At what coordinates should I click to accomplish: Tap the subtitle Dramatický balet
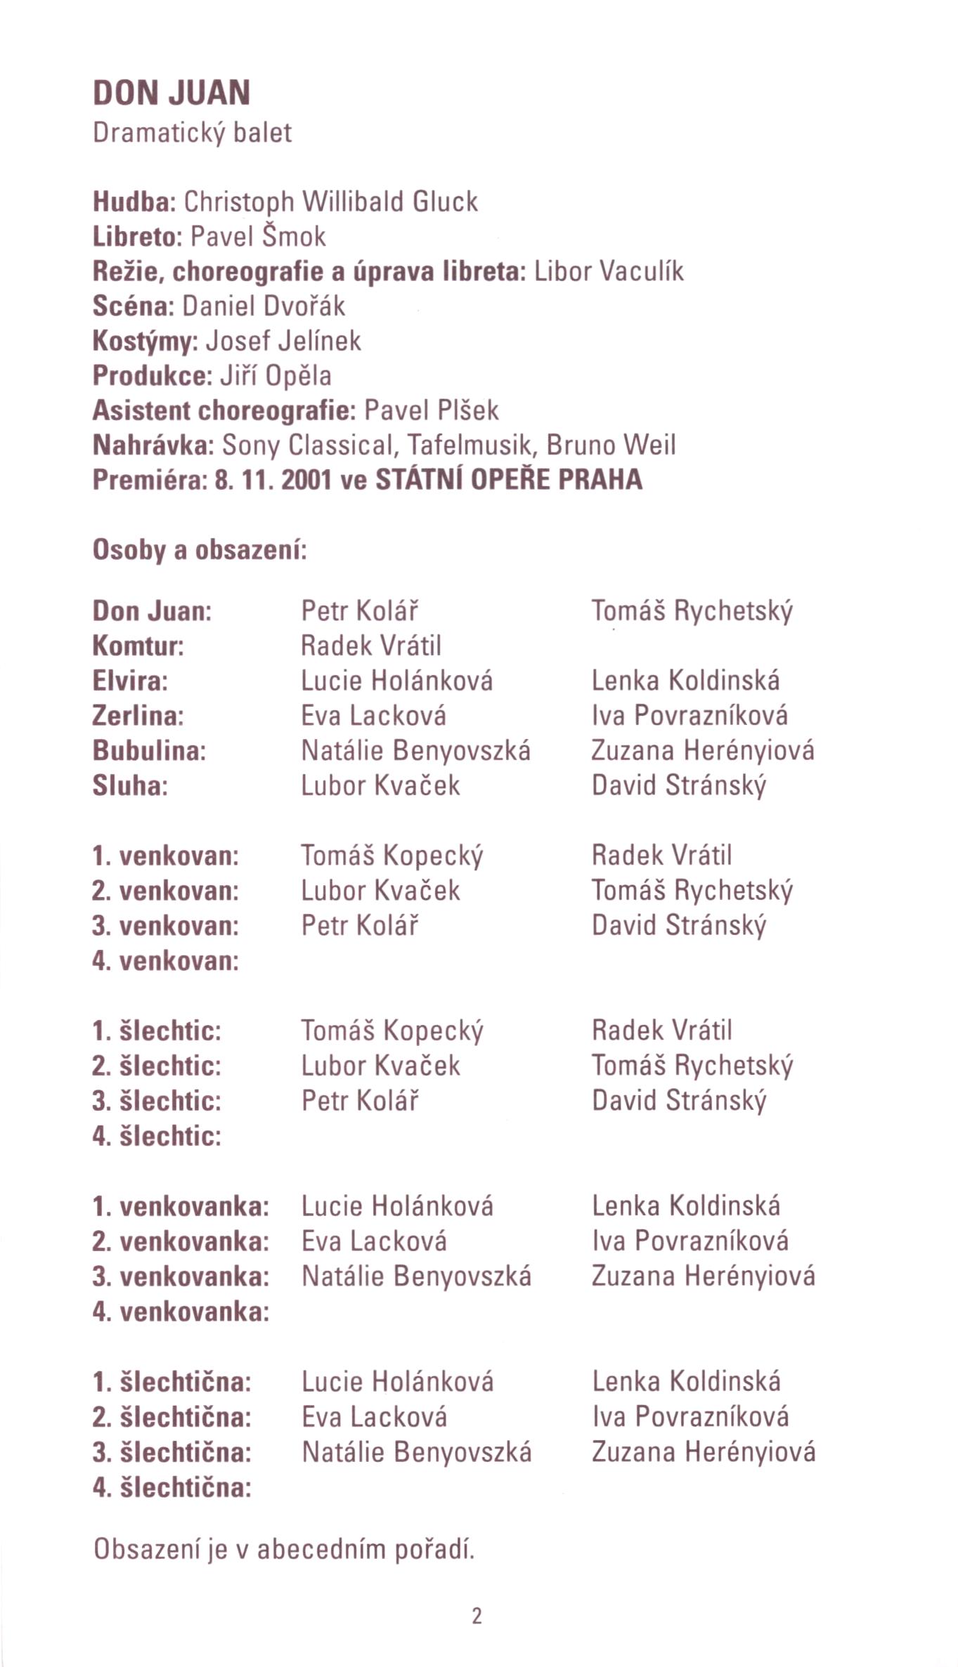(192, 133)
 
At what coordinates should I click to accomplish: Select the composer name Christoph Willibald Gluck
(330, 202)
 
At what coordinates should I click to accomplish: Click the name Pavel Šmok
(258, 237)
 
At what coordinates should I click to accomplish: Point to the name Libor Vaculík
(609, 271)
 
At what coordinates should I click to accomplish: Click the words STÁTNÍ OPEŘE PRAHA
(509, 480)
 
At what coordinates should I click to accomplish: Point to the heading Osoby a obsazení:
(200, 549)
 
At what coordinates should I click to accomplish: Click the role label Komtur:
(138, 646)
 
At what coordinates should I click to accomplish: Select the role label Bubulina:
(149, 750)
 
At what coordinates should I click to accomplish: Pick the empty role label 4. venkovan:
(165, 960)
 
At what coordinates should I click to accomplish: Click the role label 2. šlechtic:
(156, 1066)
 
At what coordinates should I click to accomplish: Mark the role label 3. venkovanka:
(181, 1276)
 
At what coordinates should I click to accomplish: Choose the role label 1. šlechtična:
(171, 1382)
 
